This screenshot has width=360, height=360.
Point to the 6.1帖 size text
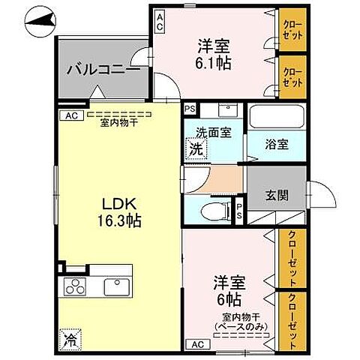coord(212,63)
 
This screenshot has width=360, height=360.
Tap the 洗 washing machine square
coord(194,148)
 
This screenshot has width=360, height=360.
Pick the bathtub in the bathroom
coord(277,118)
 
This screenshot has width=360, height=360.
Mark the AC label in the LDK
coord(70,115)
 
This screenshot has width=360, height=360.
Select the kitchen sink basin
coord(116,286)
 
